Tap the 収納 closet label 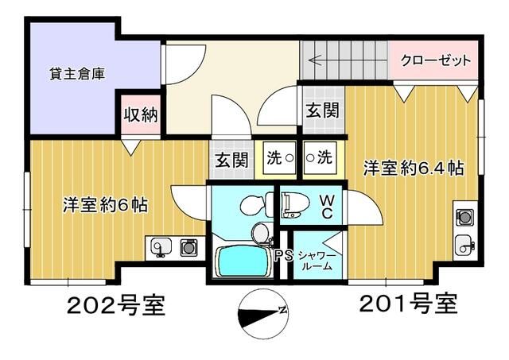coord(140,114)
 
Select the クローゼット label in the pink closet coord(435,61)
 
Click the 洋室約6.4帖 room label coord(414,168)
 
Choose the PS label coord(283,256)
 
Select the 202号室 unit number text coord(116,305)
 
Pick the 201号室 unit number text coord(408,303)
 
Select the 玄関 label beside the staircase coord(322,110)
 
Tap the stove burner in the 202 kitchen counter coord(188,248)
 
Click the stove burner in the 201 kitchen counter coord(464,216)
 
